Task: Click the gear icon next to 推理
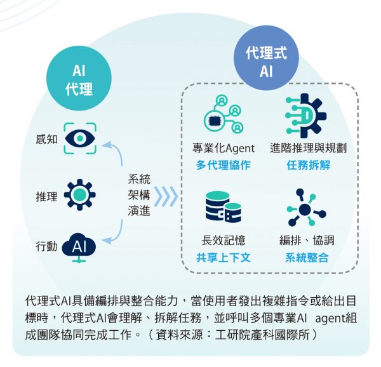[79, 195]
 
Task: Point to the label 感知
[46, 138]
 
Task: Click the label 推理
[46, 196]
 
